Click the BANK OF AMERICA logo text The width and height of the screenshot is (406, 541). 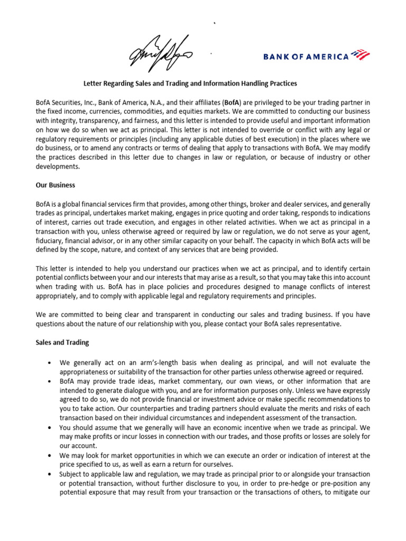(306, 57)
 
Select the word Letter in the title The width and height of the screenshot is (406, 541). (94, 83)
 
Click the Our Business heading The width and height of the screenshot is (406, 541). (56, 185)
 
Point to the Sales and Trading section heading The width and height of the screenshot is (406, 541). (62, 342)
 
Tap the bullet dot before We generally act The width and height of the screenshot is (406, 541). (49, 363)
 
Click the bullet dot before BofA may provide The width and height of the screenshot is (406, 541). (49, 381)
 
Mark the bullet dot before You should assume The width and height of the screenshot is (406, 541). (49, 427)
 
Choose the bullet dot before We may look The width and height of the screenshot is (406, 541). (49, 455)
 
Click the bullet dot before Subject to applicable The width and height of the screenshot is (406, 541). (49, 474)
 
